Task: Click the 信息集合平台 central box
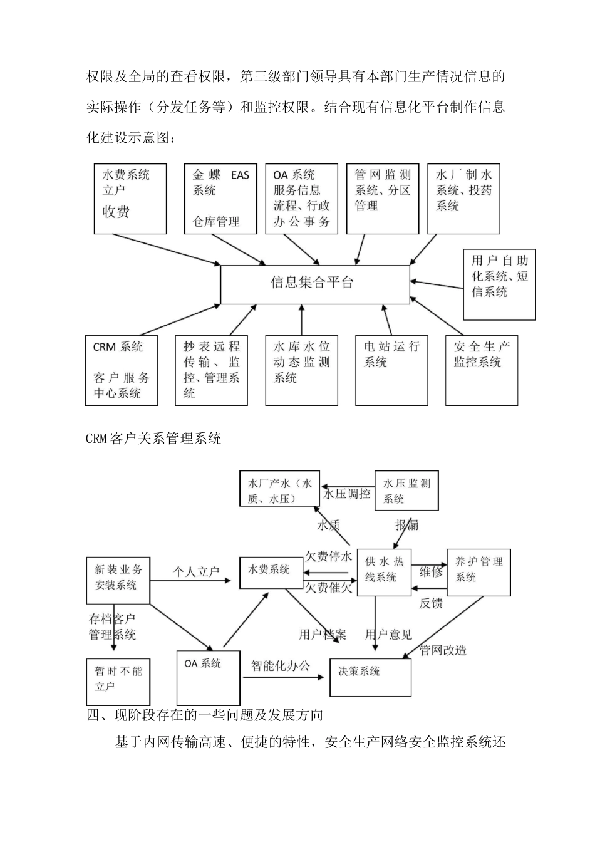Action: click(315, 284)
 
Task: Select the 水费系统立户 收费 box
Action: click(130, 199)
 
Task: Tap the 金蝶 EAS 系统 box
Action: click(220, 199)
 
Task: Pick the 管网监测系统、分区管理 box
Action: click(383, 199)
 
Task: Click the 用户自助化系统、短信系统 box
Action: click(499, 284)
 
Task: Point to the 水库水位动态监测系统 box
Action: click(301, 370)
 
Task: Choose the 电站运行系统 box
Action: click(391, 370)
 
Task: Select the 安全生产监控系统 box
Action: click(481, 370)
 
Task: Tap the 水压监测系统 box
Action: click(406, 491)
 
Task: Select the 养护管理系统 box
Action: click(479, 573)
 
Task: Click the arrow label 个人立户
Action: click(196, 572)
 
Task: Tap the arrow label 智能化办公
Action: click(281, 665)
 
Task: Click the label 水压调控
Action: click(346, 494)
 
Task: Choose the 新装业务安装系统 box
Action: click(118, 576)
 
